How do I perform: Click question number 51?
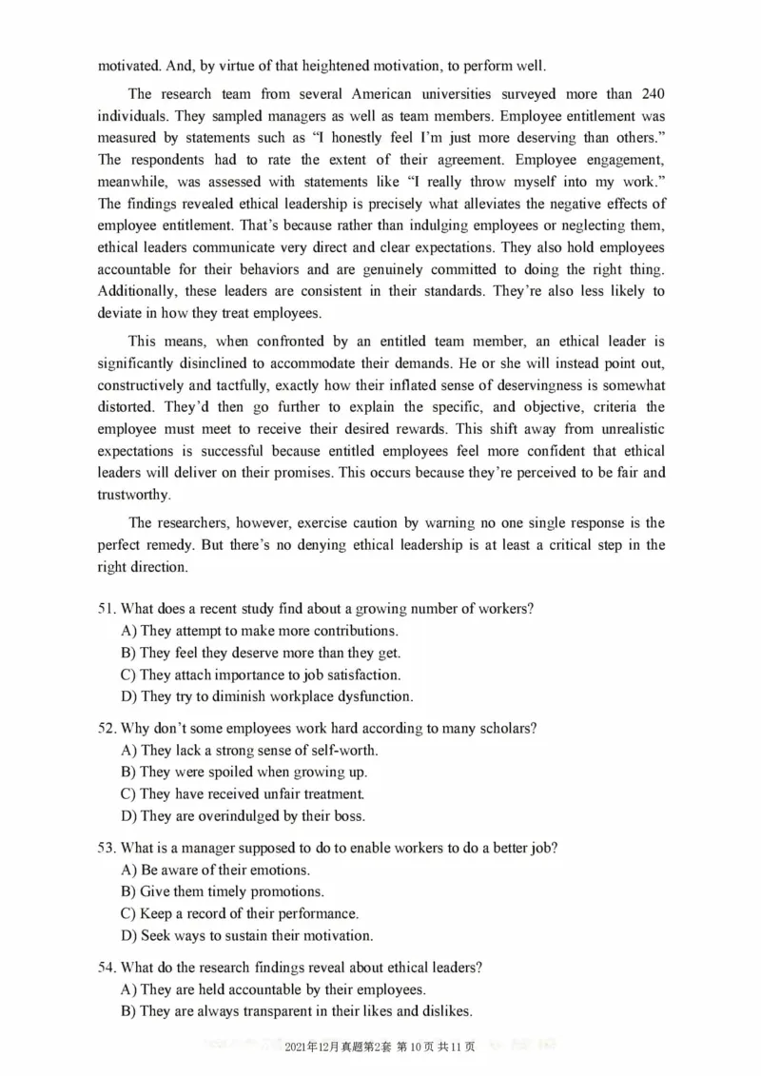(x=106, y=609)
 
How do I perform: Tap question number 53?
(x=106, y=848)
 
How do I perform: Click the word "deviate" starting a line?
(x=121, y=313)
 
